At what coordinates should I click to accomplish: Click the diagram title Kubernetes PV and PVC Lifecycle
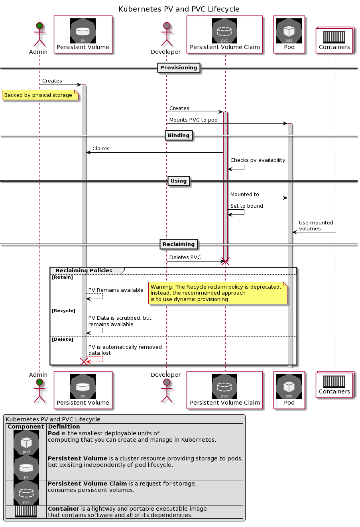click(179, 9)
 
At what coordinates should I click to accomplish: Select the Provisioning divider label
click(179, 68)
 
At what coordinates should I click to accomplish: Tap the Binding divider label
click(179, 136)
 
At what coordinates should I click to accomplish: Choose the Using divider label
click(179, 181)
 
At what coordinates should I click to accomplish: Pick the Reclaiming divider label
click(179, 244)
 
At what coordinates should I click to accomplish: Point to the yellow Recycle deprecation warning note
click(217, 293)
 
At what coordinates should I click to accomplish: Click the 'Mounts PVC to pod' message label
click(193, 120)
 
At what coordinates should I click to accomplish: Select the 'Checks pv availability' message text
click(258, 160)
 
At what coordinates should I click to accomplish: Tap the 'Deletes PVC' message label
click(185, 258)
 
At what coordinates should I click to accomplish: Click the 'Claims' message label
click(101, 149)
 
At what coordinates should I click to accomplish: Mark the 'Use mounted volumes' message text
click(316, 226)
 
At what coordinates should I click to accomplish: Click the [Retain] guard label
click(62, 277)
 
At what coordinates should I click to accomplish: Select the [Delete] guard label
click(63, 340)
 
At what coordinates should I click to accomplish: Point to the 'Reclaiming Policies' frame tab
click(84, 271)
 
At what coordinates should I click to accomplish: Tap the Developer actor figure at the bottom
click(166, 390)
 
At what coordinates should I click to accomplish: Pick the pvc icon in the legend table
click(26, 493)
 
